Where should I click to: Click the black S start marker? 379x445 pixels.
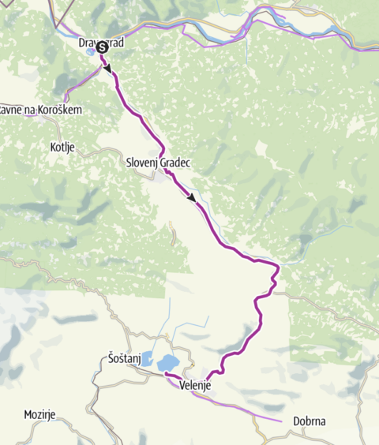[x=103, y=47]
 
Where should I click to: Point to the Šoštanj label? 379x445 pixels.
[x=122, y=359]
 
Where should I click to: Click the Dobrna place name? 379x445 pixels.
[x=310, y=421]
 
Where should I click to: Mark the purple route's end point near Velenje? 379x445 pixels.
[x=166, y=373]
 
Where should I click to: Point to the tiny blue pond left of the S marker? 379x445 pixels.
[x=92, y=51]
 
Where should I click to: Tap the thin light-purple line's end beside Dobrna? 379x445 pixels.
[x=282, y=421]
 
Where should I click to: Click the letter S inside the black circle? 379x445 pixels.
[x=103, y=47]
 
